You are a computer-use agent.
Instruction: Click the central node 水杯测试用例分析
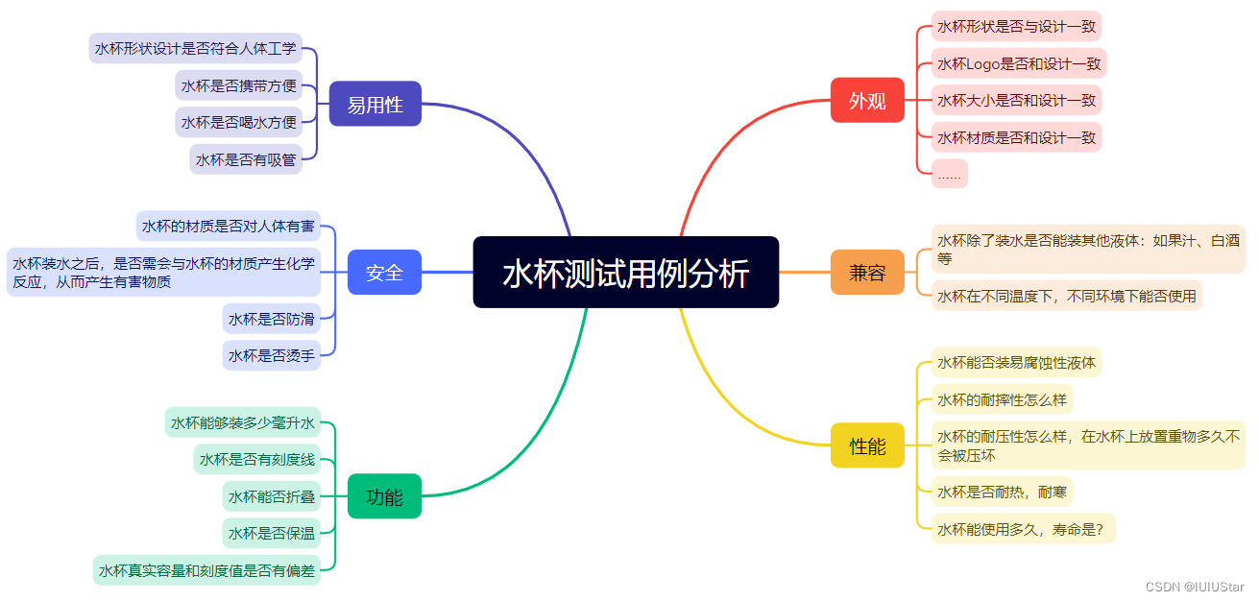point(625,273)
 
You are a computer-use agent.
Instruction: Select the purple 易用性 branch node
point(375,104)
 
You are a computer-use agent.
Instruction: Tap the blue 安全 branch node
point(384,273)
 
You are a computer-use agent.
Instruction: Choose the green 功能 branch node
point(384,496)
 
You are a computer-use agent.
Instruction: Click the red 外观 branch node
point(867,100)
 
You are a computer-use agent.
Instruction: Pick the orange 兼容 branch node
point(867,273)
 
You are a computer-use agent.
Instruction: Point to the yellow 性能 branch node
point(867,445)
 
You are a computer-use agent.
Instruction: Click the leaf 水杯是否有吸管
point(246,159)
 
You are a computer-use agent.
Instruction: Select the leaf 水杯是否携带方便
point(239,85)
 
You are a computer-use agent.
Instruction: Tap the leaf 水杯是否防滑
point(271,318)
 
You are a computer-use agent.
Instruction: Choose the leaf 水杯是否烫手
point(271,355)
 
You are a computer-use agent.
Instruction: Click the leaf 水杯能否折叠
point(271,496)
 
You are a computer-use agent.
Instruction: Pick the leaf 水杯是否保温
point(271,533)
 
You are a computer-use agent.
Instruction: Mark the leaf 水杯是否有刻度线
point(256,460)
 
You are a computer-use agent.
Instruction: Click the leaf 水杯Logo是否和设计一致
point(1019,63)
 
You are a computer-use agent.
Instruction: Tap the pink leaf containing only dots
point(949,174)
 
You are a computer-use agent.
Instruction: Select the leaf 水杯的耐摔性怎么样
point(1002,399)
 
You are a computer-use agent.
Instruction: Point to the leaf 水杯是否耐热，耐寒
point(1002,492)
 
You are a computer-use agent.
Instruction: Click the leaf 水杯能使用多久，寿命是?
point(1023,528)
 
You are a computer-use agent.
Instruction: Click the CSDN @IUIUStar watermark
point(1195,587)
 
